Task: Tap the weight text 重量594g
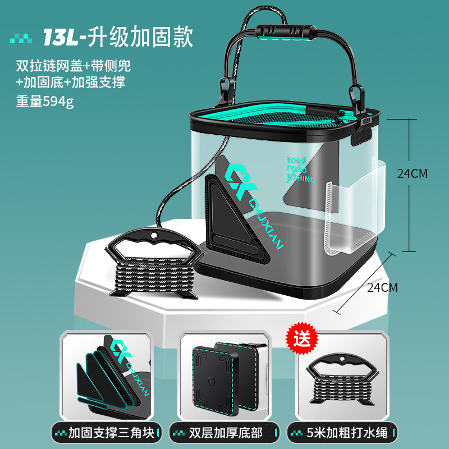[x=45, y=102]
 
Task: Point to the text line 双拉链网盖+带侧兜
[x=74, y=66]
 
